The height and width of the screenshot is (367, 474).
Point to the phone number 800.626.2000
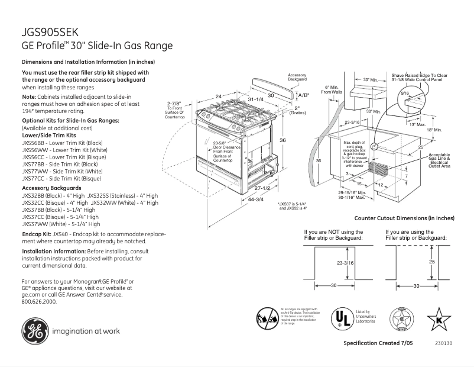[x=39, y=301]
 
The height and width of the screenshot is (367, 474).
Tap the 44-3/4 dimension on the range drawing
[x=256, y=199]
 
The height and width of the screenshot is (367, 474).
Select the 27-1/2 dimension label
[x=262, y=188]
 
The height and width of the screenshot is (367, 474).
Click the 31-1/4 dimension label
[x=255, y=99]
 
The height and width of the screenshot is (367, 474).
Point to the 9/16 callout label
[x=405, y=94]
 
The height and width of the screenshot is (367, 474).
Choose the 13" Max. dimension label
[x=417, y=124]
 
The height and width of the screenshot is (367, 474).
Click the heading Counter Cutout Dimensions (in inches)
[x=412, y=218]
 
